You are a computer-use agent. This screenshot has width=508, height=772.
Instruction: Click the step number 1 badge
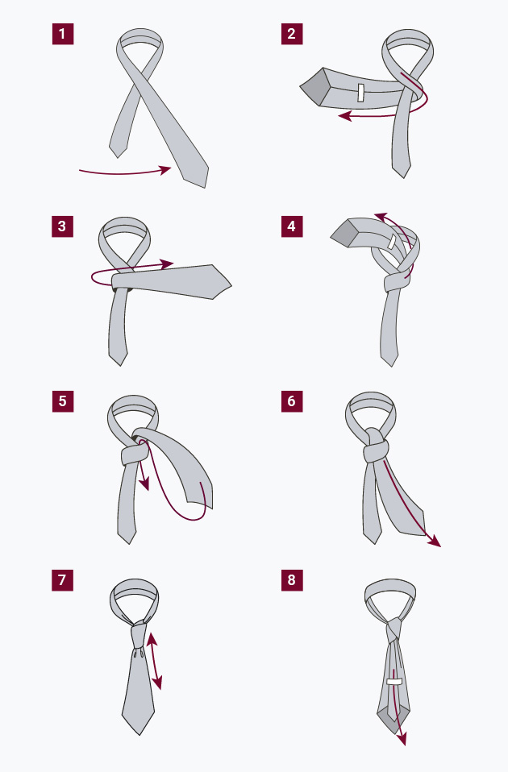click(x=63, y=34)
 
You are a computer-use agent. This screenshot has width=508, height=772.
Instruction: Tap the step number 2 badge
click(x=292, y=34)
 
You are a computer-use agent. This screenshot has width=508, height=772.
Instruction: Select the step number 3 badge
click(x=63, y=226)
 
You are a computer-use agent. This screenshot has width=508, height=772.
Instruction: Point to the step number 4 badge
click(x=292, y=226)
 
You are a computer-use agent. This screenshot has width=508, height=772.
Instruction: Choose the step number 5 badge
click(x=63, y=401)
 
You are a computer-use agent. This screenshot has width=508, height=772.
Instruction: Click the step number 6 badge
click(x=292, y=401)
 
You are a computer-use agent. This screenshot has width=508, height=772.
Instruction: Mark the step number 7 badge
click(x=63, y=580)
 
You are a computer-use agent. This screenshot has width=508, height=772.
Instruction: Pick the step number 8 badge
click(x=292, y=580)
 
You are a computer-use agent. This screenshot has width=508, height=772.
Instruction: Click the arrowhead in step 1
click(x=166, y=170)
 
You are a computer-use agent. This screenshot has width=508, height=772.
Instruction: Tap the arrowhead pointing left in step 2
click(x=344, y=116)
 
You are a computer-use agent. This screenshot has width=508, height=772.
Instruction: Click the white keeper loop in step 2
click(x=361, y=93)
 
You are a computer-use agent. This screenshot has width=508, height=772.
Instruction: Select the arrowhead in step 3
click(x=168, y=264)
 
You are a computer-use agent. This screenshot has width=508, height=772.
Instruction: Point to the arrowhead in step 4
click(x=380, y=217)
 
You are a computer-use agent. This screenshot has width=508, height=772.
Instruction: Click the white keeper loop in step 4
click(x=392, y=242)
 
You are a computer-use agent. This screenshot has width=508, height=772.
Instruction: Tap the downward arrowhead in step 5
click(x=144, y=485)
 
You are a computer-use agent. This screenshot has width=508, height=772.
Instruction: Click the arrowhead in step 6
click(x=435, y=541)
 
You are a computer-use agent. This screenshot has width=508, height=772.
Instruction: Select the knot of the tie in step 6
click(x=376, y=446)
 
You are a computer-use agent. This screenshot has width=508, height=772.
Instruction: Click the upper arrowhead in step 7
click(x=152, y=638)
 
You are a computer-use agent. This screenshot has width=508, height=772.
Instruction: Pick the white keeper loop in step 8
click(x=394, y=682)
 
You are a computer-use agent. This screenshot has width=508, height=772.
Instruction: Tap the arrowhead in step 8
click(x=402, y=738)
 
